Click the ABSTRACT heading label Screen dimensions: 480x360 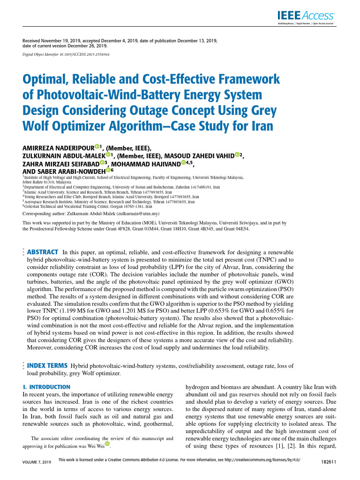pos(43,252)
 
